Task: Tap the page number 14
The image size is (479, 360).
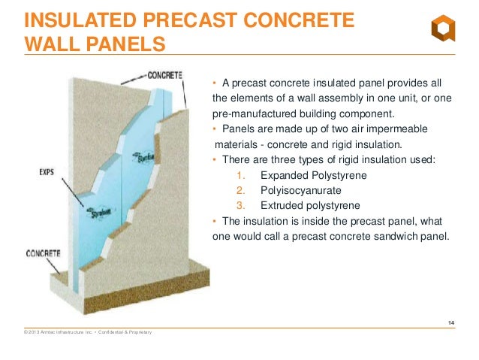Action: tap(450, 323)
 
